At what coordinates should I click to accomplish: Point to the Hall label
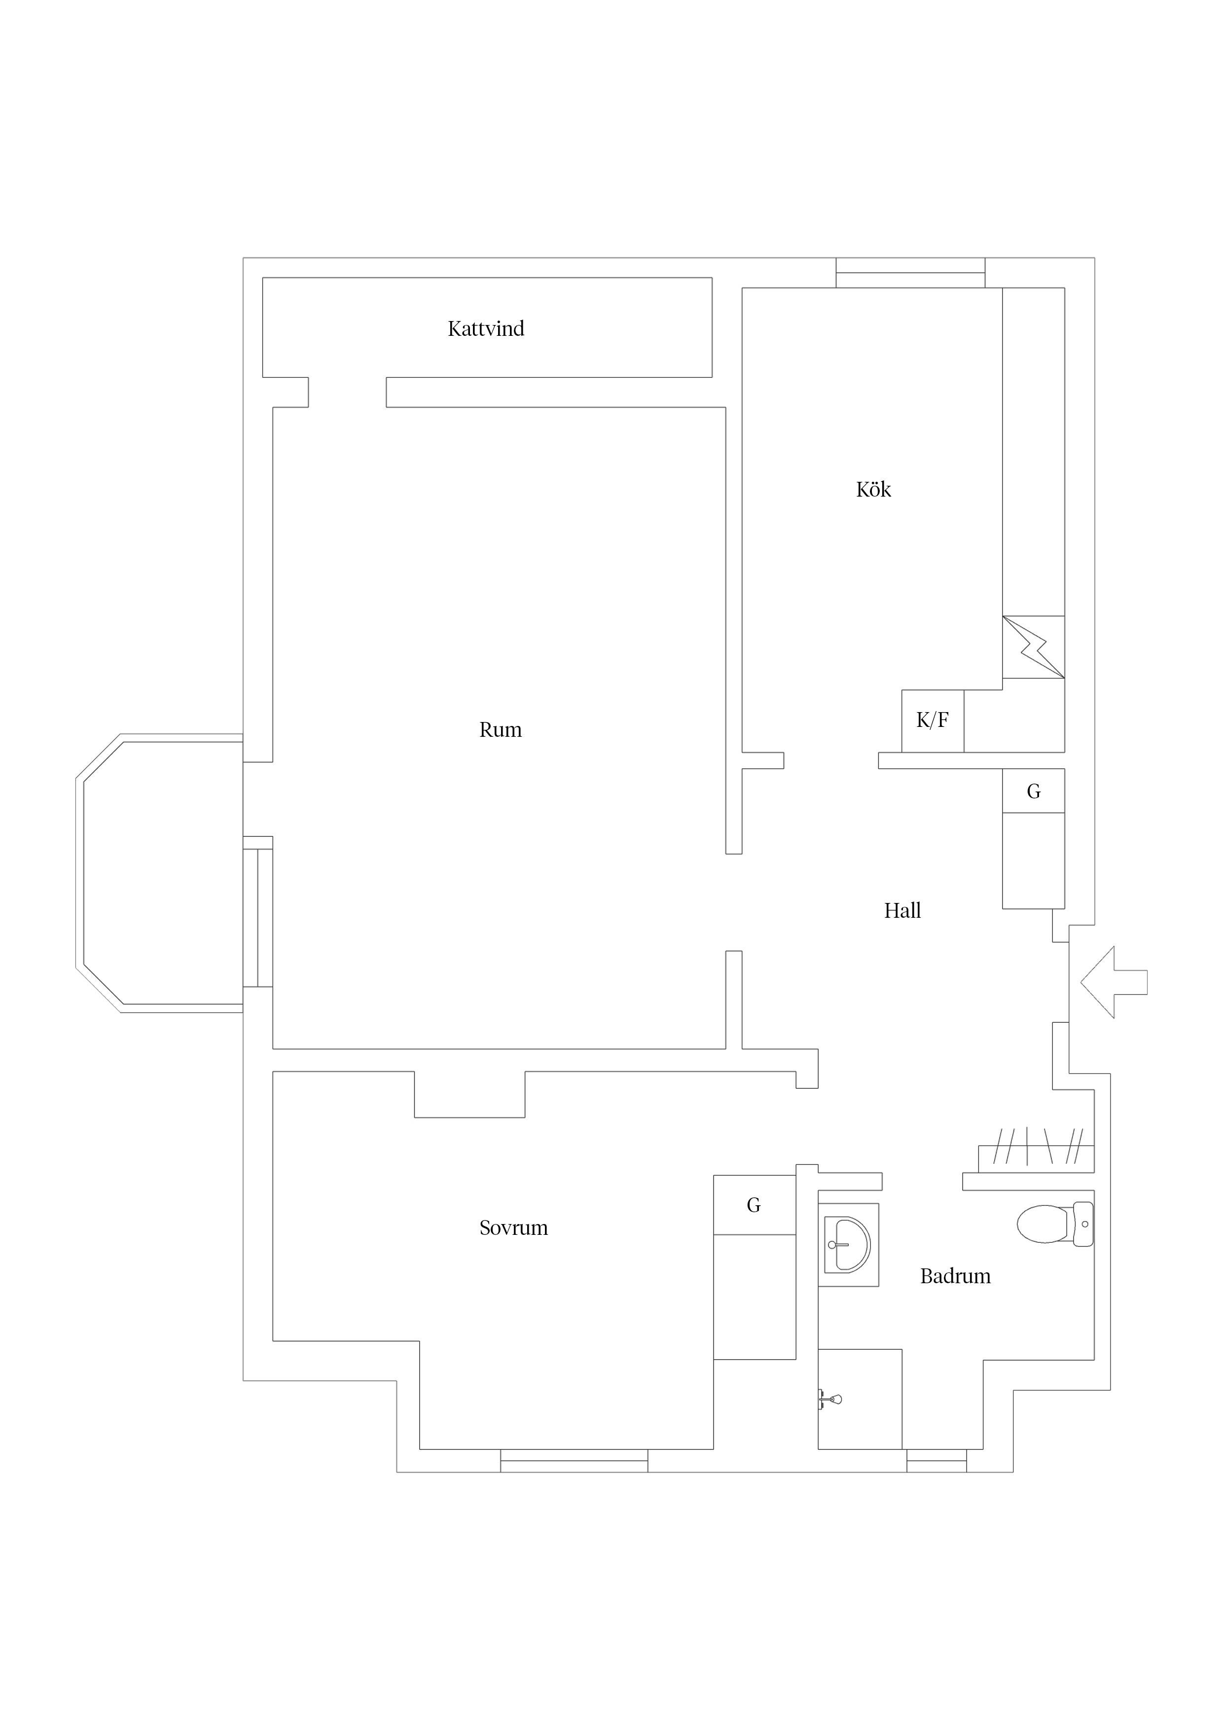[902, 910]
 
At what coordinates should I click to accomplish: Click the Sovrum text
[513, 1227]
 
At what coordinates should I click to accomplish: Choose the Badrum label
[955, 1276]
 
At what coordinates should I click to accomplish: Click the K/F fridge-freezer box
[932, 721]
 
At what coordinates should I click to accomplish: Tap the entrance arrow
[1112, 982]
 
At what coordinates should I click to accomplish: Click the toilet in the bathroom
[1053, 1224]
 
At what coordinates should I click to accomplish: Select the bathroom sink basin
[849, 1244]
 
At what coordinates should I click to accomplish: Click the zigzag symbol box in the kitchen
[1033, 647]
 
